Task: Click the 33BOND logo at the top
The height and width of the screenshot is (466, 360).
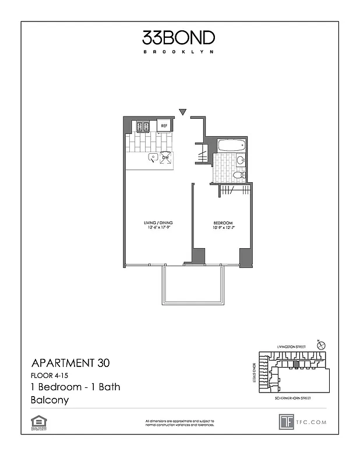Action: (179, 38)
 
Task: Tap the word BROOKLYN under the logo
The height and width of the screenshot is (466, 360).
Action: (179, 52)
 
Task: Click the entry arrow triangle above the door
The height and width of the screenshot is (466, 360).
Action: (182, 112)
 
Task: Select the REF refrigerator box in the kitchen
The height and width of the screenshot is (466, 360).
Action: (164, 125)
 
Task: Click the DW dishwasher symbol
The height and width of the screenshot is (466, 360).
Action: (165, 157)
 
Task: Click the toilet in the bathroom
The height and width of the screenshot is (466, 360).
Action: (239, 175)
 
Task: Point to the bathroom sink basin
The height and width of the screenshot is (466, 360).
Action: (240, 160)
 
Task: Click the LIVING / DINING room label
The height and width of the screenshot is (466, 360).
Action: (158, 223)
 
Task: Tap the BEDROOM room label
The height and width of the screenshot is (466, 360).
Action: (223, 223)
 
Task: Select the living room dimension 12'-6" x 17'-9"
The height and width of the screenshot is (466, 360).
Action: (158, 228)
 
